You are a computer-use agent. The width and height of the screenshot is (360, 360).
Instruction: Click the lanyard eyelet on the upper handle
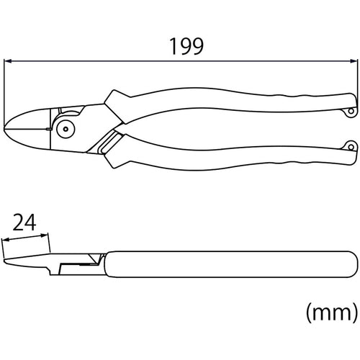coord(349,112)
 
